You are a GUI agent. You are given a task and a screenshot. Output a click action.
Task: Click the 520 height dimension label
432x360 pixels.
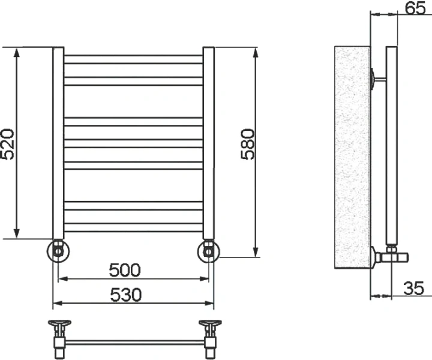[x=8, y=144]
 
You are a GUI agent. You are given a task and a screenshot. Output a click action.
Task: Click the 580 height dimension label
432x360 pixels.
[x=247, y=144]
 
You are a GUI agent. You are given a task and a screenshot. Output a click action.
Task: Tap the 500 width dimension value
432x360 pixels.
[x=125, y=270]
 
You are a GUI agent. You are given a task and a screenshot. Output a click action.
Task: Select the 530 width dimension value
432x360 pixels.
[x=125, y=295]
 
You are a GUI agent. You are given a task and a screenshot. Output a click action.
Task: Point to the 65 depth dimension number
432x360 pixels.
[x=412, y=8]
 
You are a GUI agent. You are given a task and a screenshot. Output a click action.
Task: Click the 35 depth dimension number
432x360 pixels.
[x=413, y=289]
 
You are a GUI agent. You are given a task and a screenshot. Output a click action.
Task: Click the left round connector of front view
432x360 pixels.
[x=58, y=251]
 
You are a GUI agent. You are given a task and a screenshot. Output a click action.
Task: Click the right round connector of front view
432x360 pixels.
[x=208, y=251]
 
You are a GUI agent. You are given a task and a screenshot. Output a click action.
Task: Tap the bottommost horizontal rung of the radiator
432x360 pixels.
[x=133, y=227]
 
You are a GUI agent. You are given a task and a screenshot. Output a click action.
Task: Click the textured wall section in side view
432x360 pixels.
[x=351, y=156]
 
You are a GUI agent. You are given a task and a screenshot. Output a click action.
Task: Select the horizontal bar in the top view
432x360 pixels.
[x=134, y=343]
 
